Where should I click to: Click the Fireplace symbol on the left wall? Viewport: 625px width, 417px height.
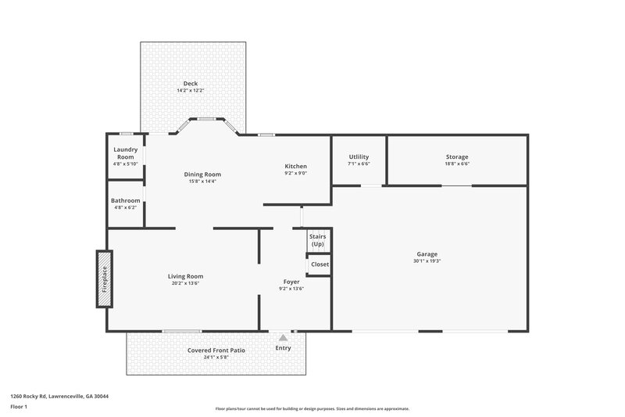tap(104, 279)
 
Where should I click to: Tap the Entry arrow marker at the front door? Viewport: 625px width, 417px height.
tap(283, 337)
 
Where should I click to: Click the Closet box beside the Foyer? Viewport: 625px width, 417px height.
tap(320, 264)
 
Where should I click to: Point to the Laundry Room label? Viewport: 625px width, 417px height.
tap(125, 153)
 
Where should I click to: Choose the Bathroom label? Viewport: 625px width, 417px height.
tap(125, 200)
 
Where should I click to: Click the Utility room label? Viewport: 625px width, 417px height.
tap(359, 157)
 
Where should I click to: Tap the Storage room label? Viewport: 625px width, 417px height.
tap(457, 157)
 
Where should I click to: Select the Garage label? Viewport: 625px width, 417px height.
tap(427, 254)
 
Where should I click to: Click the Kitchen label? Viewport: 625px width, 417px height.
tap(295, 166)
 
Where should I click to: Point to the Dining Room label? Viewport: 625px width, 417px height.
tap(202, 174)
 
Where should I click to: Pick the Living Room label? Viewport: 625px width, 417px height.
tap(185, 276)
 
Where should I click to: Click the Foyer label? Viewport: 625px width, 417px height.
tap(291, 282)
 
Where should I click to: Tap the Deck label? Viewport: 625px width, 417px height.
tap(191, 84)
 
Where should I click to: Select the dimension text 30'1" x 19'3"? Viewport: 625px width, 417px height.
tap(427, 261)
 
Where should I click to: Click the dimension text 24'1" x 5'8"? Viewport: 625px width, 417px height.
tap(216, 358)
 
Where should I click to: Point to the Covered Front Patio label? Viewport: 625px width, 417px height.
tap(216, 350)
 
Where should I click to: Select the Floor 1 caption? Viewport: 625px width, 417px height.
tap(19, 408)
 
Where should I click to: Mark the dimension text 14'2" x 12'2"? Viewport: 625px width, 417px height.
tap(191, 91)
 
